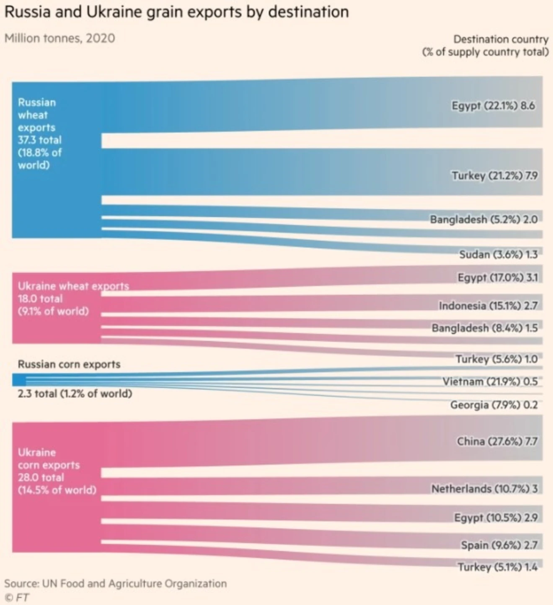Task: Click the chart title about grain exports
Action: coord(176,12)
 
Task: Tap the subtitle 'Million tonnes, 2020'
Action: coord(59,38)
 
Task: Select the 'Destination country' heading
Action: coord(501,39)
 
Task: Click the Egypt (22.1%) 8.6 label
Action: coord(493,106)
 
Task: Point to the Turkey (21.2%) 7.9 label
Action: coord(494,175)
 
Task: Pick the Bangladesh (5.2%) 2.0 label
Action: coord(483,219)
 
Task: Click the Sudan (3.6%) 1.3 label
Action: coord(498,254)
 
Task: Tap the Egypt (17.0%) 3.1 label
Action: coord(497,277)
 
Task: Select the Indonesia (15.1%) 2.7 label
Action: coord(488,306)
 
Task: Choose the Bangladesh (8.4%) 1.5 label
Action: coord(484,328)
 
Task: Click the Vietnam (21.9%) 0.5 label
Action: coord(490,381)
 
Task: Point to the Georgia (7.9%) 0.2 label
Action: coord(494,405)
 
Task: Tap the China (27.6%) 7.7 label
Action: coord(497,441)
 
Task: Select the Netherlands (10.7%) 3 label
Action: coord(484,489)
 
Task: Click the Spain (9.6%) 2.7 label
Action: coord(499,545)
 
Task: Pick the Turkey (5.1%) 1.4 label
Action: coord(497,567)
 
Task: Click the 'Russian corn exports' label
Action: coord(69,364)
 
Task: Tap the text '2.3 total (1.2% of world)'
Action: coord(75,394)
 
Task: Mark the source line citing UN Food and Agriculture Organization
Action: coord(115,583)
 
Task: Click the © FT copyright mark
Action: coord(17,597)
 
